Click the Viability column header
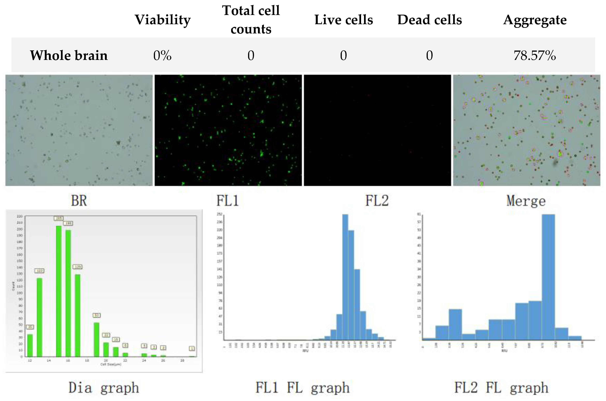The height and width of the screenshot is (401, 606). pos(163,20)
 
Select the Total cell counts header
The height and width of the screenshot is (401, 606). pos(251,20)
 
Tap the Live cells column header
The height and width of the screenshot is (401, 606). pos(343,20)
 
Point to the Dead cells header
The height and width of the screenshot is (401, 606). pos(429,20)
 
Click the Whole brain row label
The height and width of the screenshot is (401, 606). pos(69,55)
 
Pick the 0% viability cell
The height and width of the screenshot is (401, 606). pos(162,55)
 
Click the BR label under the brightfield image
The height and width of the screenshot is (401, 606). pos(79,201)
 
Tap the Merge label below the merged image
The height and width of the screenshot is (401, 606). pos(526,201)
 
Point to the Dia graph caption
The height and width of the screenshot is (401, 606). pos(104,388)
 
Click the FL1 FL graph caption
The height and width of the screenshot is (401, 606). pos(302,388)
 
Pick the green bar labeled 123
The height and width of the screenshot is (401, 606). pos(39,317)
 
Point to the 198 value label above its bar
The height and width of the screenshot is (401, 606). pos(68,223)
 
